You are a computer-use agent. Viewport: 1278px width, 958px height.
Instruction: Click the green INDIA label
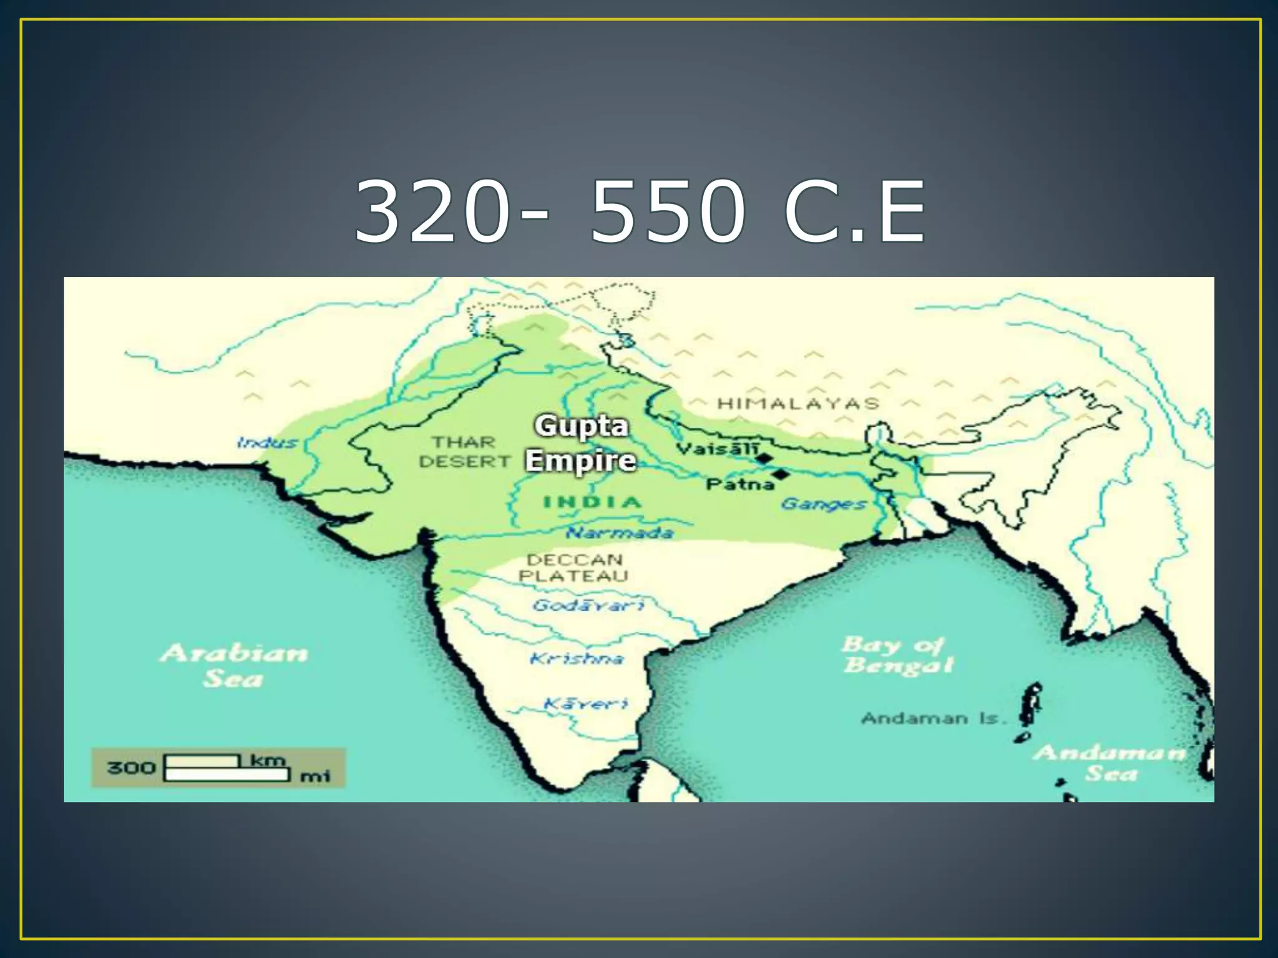pyautogui.click(x=592, y=502)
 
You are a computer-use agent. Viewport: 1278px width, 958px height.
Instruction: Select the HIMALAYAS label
pyautogui.click(x=798, y=404)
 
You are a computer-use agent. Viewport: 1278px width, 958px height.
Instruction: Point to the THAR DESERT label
pyautogui.click(x=464, y=452)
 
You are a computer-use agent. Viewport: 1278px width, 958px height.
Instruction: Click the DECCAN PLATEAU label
pyautogui.click(x=573, y=568)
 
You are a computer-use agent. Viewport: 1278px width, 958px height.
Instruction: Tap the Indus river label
pyautogui.click(x=267, y=443)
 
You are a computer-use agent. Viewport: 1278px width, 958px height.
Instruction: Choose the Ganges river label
pyautogui.click(x=823, y=503)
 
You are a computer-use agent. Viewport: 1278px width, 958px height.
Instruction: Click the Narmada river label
pyautogui.click(x=620, y=533)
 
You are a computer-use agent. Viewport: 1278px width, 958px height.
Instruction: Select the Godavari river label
pyautogui.click(x=588, y=605)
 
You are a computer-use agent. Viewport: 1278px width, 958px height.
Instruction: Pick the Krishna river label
pyautogui.click(x=576, y=659)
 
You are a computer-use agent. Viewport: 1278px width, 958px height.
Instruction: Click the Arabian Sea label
pyautogui.click(x=233, y=665)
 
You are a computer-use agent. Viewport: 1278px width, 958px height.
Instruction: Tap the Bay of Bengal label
pyautogui.click(x=897, y=655)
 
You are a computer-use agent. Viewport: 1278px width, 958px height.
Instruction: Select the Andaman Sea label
pyautogui.click(x=1110, y=763)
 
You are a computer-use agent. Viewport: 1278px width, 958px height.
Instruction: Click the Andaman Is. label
pyautogui.click(x=934, y=718)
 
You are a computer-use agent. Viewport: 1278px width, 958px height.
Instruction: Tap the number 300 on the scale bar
pyautogui.click(x=131, y=767)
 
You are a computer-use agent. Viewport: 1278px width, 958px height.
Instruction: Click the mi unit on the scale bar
pyautogui.click(x=315, y=777)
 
